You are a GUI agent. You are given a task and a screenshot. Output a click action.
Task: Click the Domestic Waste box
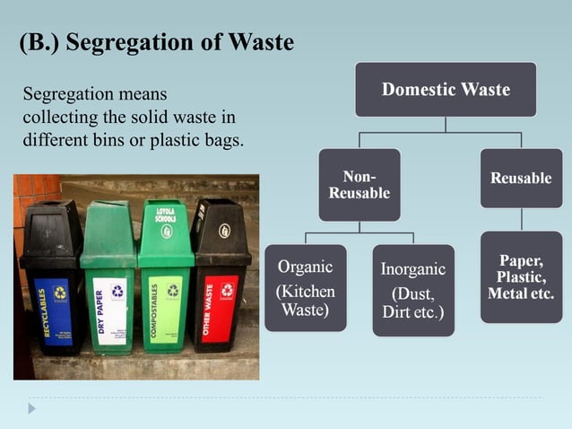click(x=446, y=90)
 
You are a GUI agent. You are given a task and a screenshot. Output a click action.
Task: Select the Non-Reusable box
click(x=360, y=186)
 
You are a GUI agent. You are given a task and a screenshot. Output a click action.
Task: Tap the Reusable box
click(x=521, y=179)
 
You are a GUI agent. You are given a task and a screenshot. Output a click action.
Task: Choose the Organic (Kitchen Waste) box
click(x=305, y=288)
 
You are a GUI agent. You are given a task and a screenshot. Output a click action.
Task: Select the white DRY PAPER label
click(x=110, y=311)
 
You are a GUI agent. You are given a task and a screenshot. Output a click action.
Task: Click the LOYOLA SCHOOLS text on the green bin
click(x=165, y=216)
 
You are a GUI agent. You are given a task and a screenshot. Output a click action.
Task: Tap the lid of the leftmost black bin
click(x=52, y=224)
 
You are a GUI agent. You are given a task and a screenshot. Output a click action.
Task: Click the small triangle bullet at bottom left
click(x=32, y=408)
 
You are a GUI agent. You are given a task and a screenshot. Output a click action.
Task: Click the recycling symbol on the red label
click(x=227, y=290)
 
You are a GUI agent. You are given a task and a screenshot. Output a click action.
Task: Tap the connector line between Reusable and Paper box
click(x=521, y=220)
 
